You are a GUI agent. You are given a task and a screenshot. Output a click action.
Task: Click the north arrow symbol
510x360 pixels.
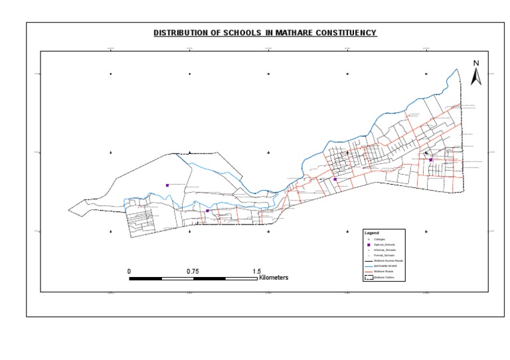(x=475, y=77)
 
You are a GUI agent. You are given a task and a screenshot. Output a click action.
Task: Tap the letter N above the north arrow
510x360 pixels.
(x=475, y=63)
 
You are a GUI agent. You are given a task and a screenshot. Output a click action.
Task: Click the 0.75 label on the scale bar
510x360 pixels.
(x=193, y=271)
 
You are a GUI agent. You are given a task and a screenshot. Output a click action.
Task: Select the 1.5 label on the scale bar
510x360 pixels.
(x=256, y=271)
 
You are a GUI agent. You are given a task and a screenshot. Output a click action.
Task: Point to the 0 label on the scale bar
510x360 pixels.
(x=129, y=271)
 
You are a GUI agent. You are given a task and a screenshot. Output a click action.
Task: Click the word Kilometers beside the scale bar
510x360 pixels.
(x=274, y=278)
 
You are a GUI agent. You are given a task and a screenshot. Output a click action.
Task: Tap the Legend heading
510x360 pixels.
(x=371, y=233)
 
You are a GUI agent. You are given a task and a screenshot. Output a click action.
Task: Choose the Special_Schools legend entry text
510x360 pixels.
(x=384, y=244)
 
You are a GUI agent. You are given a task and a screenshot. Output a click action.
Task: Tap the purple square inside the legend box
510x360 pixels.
(x=367, y=244)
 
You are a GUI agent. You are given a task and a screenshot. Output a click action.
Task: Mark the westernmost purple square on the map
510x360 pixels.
(x=167, y=185)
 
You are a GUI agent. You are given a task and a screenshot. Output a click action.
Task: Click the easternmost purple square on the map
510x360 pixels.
(x=430, y=159)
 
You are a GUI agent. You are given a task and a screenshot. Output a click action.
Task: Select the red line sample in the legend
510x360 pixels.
(x=367, y=272)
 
